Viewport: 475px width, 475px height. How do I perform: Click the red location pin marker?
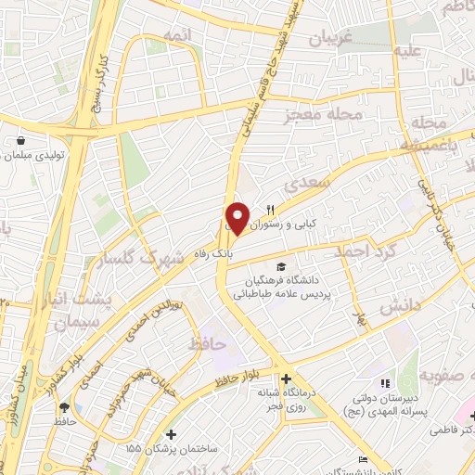237,218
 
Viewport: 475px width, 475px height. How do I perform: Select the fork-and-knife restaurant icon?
271,210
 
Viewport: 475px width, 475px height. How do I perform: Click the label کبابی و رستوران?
304,225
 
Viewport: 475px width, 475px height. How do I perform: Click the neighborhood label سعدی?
311,185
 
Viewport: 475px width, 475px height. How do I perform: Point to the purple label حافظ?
207,344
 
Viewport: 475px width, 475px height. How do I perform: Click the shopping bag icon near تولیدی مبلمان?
19,140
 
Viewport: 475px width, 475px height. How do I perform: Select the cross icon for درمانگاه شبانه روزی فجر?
286,378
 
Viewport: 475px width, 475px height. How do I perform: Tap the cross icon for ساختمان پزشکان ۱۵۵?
169,433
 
